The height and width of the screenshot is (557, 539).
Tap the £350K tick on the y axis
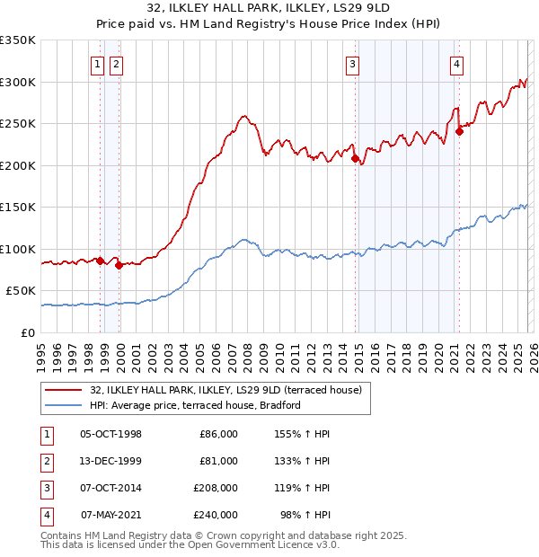click(x=18, y=40)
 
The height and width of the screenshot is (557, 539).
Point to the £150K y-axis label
click(x=18, y=208)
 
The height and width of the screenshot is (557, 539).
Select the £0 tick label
click(x=28, y=332)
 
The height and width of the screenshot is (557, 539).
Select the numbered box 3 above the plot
click(x=353, y=64)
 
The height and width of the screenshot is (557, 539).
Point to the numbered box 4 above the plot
click(x=457, y=64)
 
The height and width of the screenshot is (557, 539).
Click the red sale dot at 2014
click(x=355, y=159)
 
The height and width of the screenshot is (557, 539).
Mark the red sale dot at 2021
click(x=459, y=132)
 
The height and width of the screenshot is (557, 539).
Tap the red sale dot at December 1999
click(x=119, y=265)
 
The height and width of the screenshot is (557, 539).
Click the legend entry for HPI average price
click(x=194, y=405)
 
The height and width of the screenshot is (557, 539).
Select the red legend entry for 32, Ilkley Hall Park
click(x=225, y=390)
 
